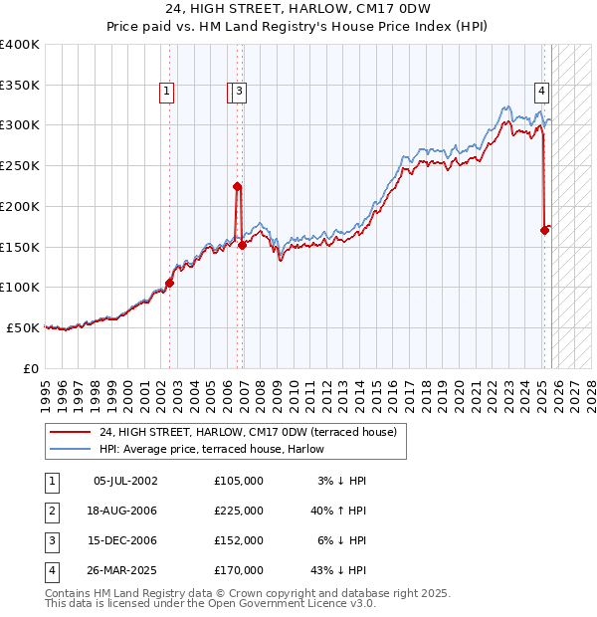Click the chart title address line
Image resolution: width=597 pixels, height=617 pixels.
point(298,10)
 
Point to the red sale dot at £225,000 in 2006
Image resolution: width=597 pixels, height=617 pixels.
point(237,186)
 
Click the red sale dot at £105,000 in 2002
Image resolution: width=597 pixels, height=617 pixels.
point(169,283)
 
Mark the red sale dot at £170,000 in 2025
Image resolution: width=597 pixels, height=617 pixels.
point(544,230)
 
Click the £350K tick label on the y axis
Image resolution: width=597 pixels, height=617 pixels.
point(20,85)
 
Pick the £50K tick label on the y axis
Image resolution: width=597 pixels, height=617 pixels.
point(23,327)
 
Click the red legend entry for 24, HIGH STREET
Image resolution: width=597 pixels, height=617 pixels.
point(248,431)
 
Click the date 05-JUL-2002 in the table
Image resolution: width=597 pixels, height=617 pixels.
point(125,480)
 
